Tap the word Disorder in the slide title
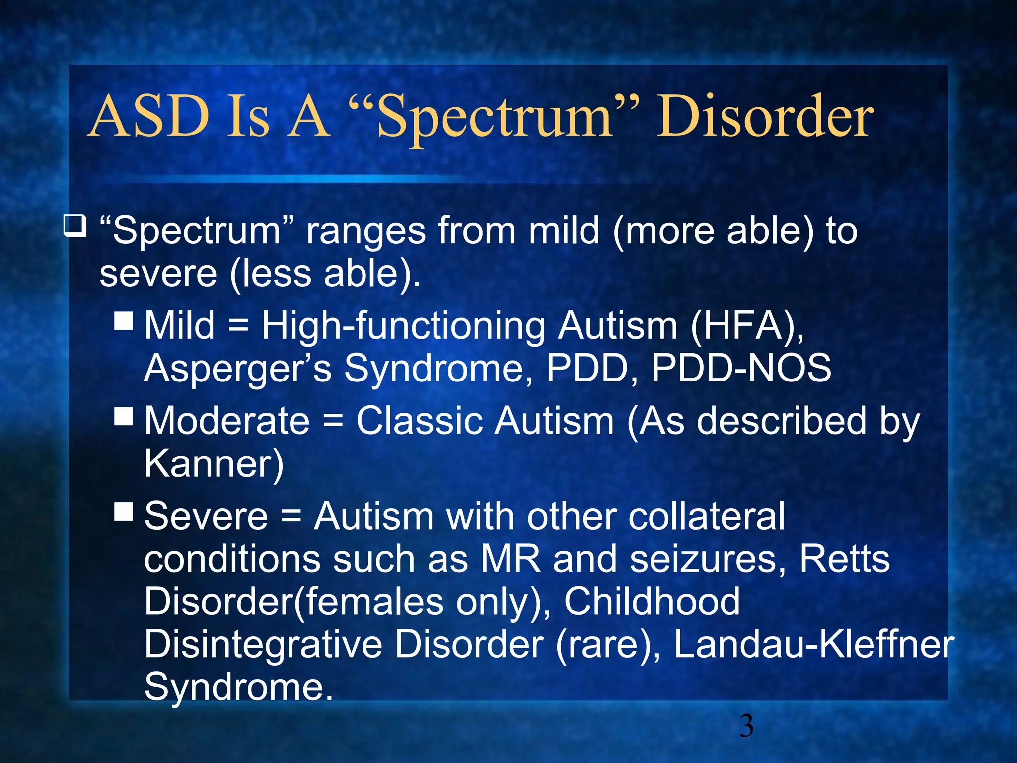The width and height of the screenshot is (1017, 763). pyautogui.click(x=765, y=116)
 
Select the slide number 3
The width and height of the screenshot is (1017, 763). pyautogui.click(x=746, y=726)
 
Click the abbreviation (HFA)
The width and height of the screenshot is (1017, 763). pyautogui.click(x=746, y=326)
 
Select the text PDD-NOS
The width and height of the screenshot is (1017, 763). pyautogui.click(x=741, y=368)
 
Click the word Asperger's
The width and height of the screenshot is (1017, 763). pyautogui.click(x=238, y=369)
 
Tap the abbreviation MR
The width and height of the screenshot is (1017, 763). pyautogui.click(x=510, y=559)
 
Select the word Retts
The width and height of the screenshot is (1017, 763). pyautogui.click(x=844, y=559)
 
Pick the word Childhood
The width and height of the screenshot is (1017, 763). pyautogui.click(x=652, y=602)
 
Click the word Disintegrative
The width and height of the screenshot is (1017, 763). pyautogui.click(x=263, y=645)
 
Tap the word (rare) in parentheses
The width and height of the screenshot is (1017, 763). pyautogui.click(x=608, y=645)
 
